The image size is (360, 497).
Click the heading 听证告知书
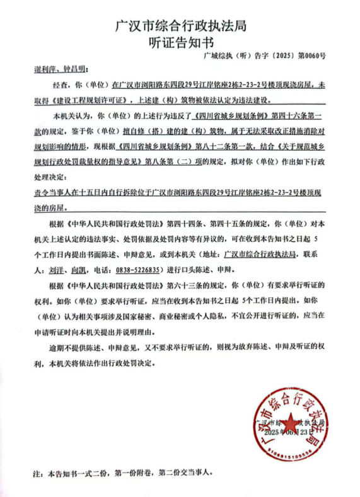[x=180, y=42]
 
